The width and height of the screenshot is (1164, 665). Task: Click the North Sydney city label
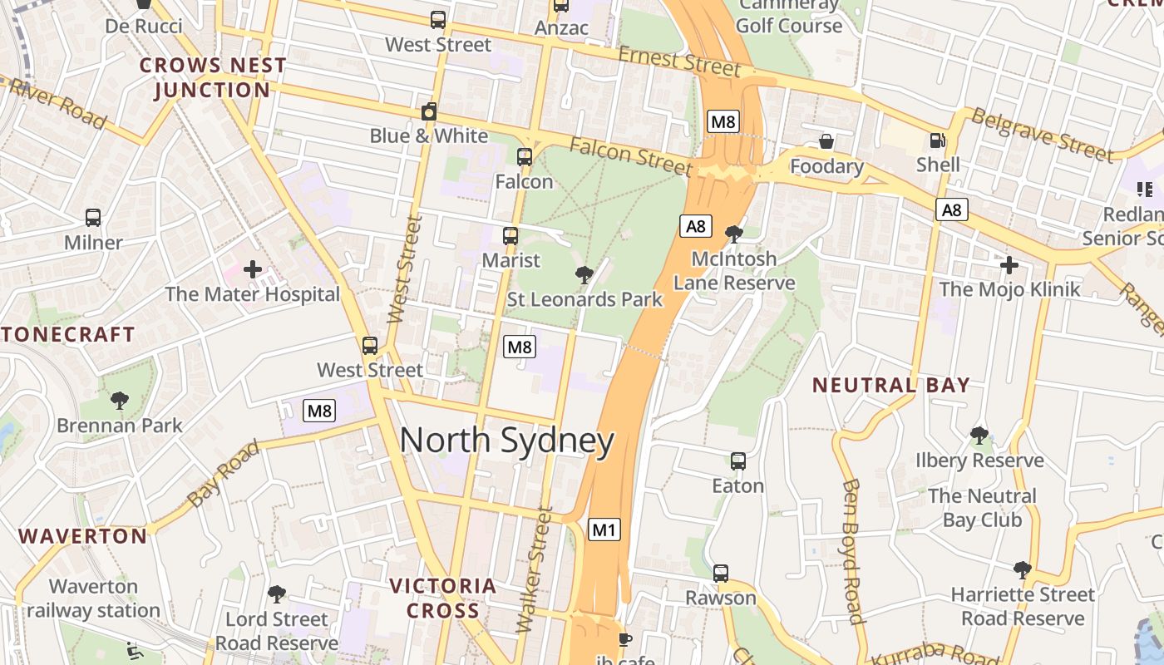[x=507, y=441]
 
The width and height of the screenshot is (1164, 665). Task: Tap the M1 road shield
[x=604, y=529]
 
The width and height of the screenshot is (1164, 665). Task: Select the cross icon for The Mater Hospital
[x=253, y=269]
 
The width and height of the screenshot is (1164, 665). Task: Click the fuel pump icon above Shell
[x=938, y=141]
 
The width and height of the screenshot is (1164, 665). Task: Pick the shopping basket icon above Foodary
[x=826, y=142]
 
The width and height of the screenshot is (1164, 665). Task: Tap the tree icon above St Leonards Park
[x=584, y=274]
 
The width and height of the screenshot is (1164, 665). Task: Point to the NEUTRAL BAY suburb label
[x=890, y=385]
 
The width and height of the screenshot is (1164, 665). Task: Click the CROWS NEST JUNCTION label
[x=213, y=77]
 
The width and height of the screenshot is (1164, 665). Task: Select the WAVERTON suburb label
[x=83, y=536]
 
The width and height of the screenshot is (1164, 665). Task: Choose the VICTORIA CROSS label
[x=443, y=598]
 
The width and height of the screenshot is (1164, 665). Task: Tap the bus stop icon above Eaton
[x=737, y=461]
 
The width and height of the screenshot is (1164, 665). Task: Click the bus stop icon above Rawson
[x=721, y=574]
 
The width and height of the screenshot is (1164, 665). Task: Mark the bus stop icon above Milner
[x=93, y=218]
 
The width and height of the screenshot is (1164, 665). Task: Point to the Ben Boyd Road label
[x=852, y=550]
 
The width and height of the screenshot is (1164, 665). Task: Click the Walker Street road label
[x=535, y=570]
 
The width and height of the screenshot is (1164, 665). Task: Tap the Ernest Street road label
[x=678, y=61]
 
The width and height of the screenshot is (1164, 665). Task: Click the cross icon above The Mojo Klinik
[x=1009, y=265]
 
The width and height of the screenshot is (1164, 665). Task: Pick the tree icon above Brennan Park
[x=120, y=401]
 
